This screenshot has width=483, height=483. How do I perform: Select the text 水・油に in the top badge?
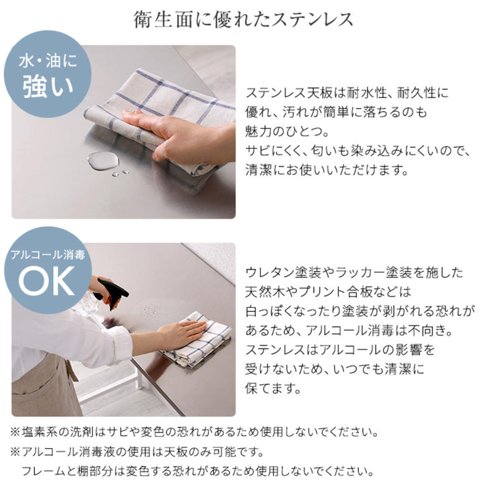click(46, 62)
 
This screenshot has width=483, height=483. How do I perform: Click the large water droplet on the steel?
click(101, 160)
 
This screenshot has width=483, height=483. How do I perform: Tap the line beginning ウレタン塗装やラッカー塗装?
click(355, 272)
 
